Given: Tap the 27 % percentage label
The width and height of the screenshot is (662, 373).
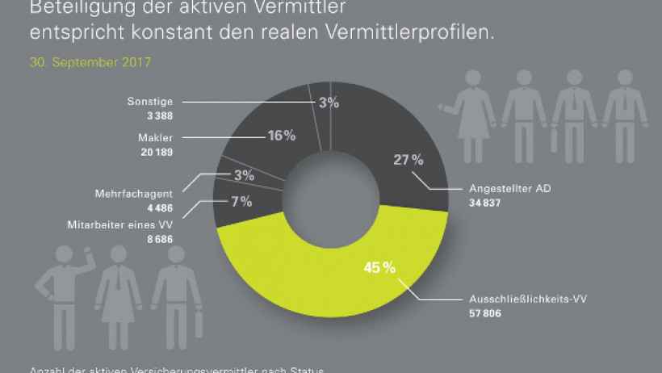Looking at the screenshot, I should pos(407,159).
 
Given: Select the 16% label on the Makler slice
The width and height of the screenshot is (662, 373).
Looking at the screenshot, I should pos(281,136).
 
